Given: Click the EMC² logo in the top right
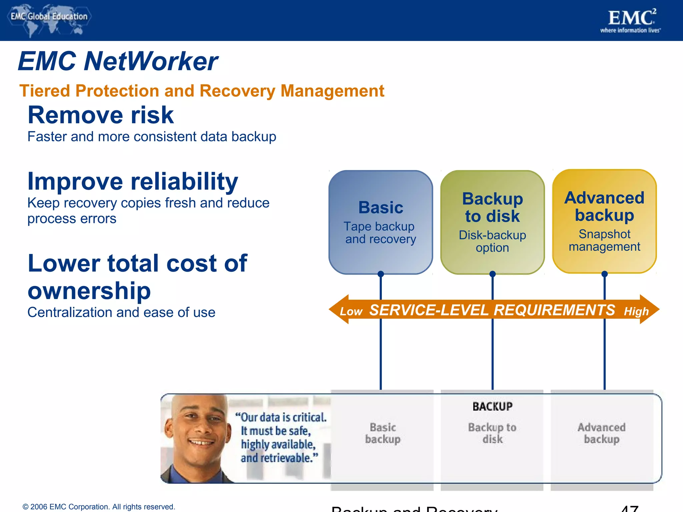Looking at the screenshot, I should (x=630, y=21).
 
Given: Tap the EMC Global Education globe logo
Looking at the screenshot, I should (x=49, y=20).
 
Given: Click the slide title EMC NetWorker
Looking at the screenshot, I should (x=118, y=61).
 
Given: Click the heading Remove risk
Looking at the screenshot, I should (x=101, y=115).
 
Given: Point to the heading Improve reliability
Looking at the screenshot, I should (x=133, y=182).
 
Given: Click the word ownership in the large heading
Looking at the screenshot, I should (x=89, y=291).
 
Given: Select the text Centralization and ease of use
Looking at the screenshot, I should (x=121, y=313).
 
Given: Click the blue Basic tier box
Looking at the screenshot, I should (x=381, y=222).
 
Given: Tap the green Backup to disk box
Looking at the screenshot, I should (x=492, y=222).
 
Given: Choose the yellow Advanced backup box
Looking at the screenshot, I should (x=604, y=221).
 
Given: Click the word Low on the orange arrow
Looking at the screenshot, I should (x=351, y=312).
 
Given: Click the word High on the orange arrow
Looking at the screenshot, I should (x=636, y=312).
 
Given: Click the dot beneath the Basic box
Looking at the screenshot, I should (x=381, y=274).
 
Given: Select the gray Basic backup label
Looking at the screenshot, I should (x=383, y=433).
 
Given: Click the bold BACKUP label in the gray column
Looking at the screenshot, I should (x=492, y=407).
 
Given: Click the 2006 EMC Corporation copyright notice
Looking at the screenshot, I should (x=99, y=507).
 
